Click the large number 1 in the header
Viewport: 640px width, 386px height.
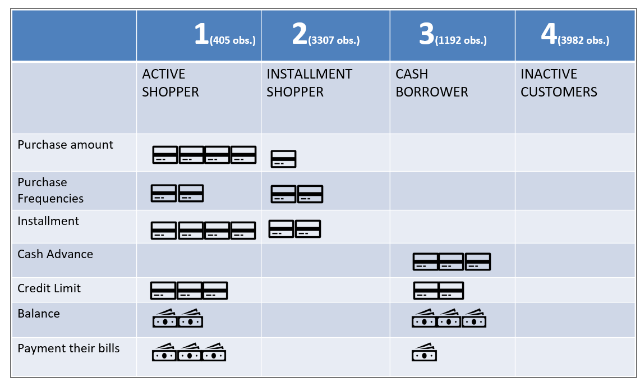[x=201, y=35]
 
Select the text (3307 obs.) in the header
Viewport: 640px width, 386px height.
[x=334, y=40]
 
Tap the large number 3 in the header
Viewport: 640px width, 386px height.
[x=427, y=35]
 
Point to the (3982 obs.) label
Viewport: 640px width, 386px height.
[x=583, y=40]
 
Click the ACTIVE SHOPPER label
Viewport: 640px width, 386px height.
[x=171, y=83]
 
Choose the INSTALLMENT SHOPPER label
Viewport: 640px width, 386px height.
[x=309, y=83]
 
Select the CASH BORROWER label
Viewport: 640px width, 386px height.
[x=431, y=83]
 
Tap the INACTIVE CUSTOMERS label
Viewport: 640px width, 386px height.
[x=559, y=83]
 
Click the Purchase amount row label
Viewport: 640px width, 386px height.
[x=66, y=145]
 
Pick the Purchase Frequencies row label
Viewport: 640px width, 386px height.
[x=50, y=190]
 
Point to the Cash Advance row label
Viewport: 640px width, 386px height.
[x=55, y=254]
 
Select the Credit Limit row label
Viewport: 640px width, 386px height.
[x=49, y=288]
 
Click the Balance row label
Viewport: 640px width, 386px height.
[x=39, y=314]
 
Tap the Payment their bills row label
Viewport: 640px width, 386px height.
[x=68, y=348]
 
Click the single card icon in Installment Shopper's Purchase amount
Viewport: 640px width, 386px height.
[x=283, y=159]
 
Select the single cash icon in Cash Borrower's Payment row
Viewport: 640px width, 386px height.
[x=424, y=353]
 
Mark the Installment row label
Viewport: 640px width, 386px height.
[x=48, y=221]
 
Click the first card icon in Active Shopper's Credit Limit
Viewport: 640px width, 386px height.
[x=163, y=290]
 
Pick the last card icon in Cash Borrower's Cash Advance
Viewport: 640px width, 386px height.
[x=477, y=261]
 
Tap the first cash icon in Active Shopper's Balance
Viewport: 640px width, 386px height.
[x=164, y=319]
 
